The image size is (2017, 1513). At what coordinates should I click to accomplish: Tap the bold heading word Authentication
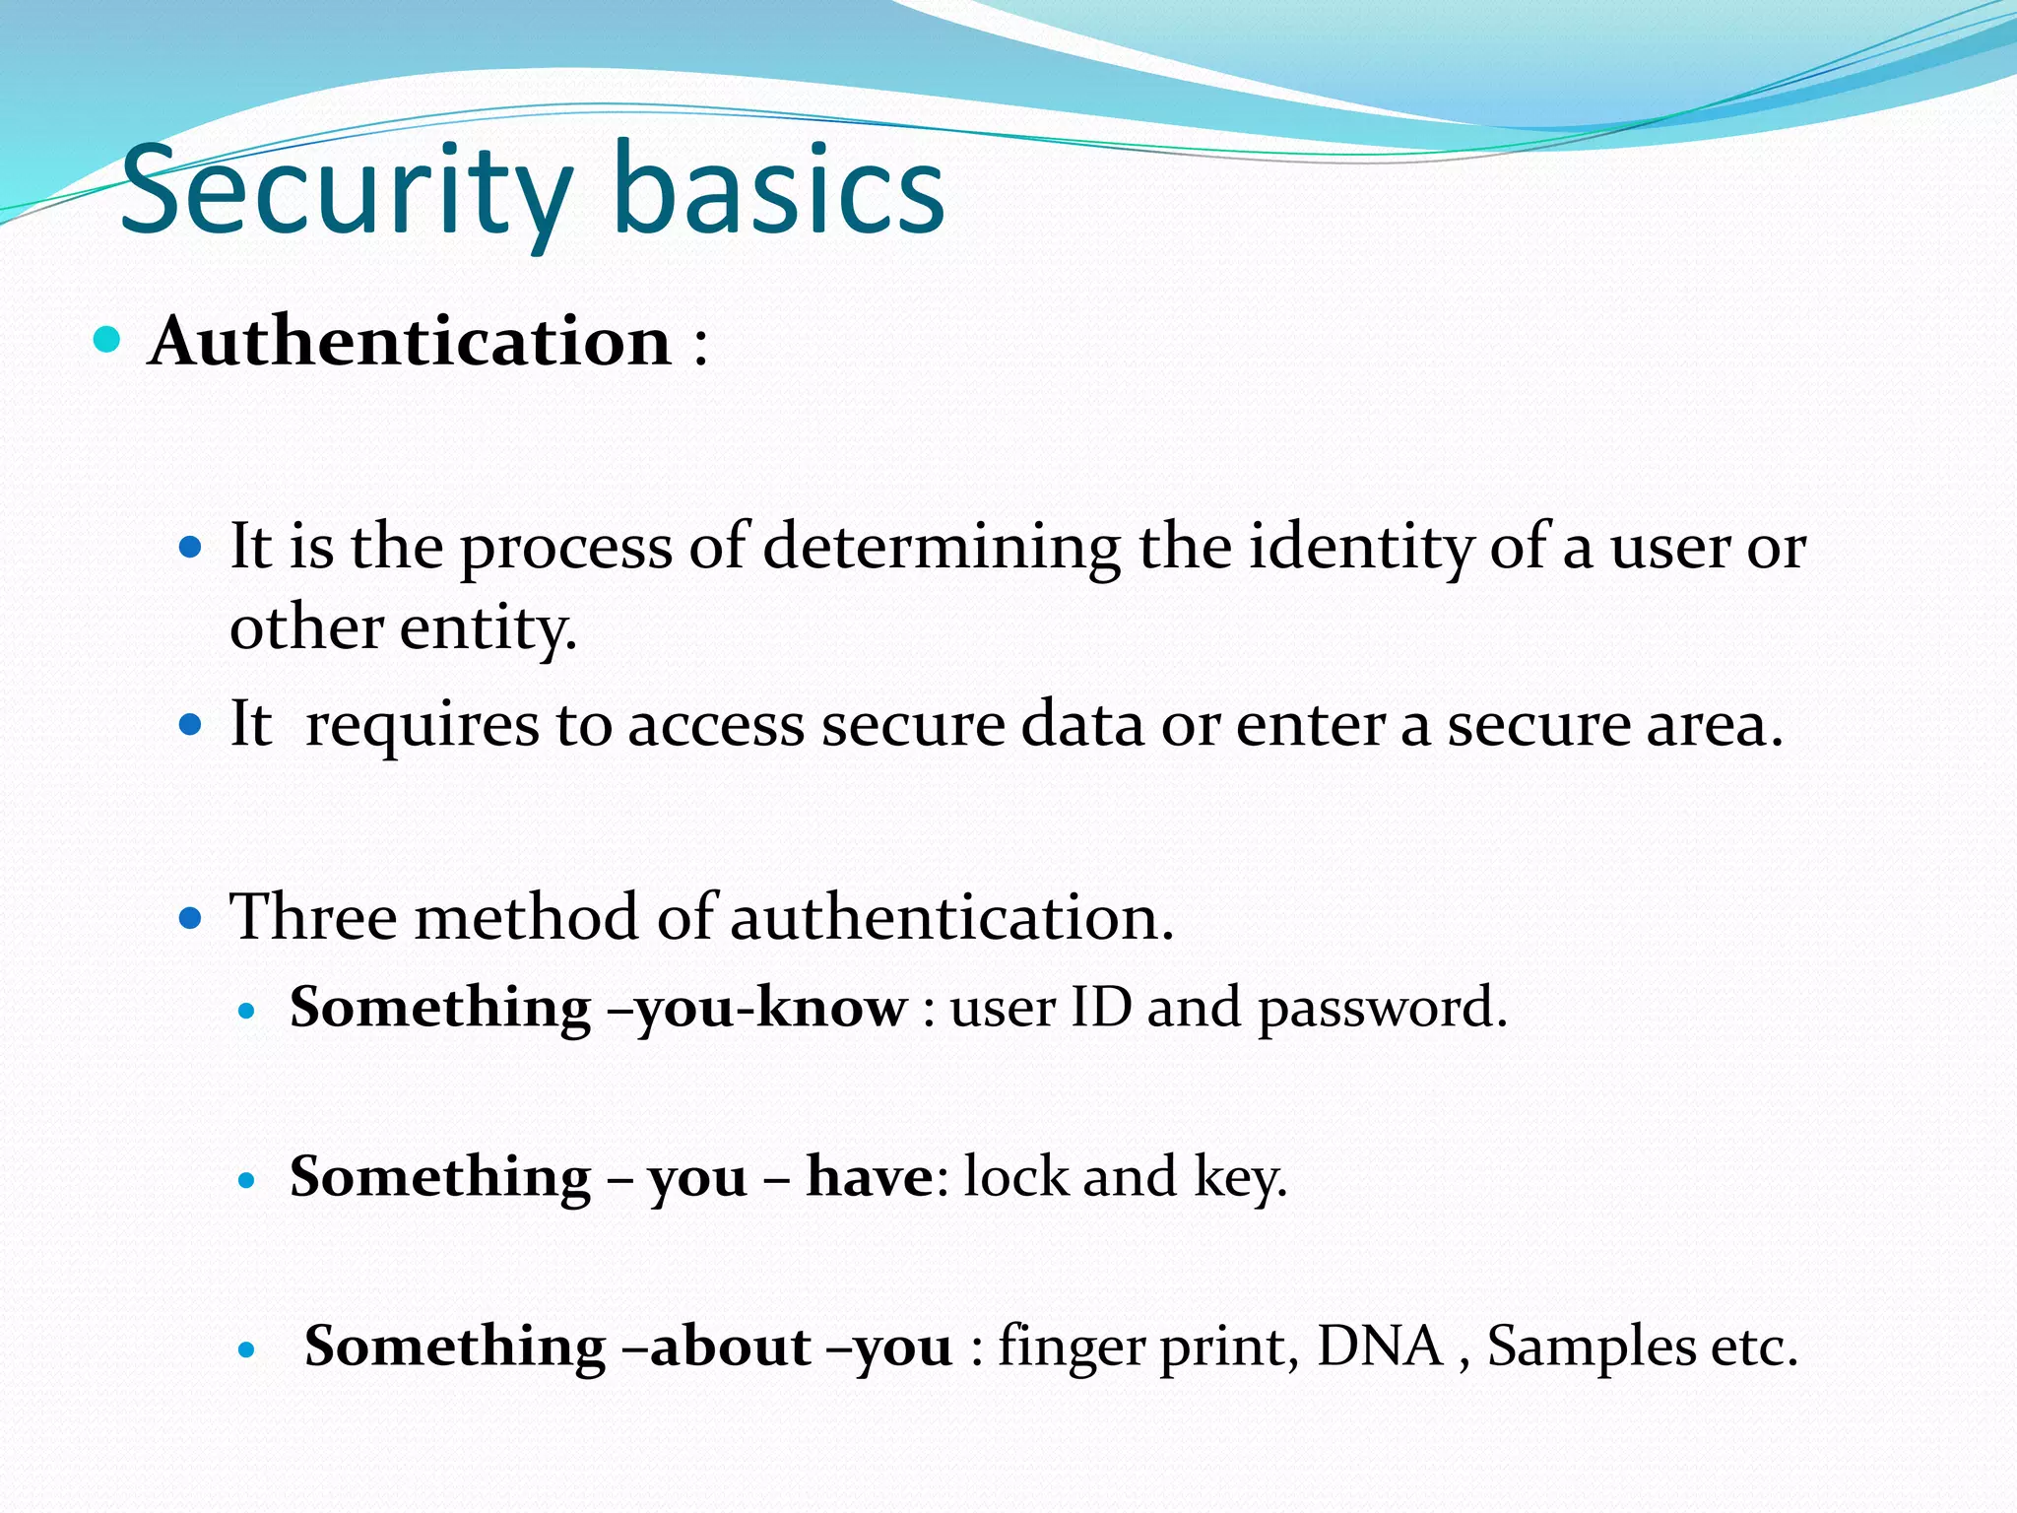click(x=410, y=342)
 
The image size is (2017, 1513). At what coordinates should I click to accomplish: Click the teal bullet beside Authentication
click(x=106, y=341)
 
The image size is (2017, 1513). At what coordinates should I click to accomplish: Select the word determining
click(x=942, y=548)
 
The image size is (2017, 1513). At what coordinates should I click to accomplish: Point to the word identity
click(x=1360, y=548)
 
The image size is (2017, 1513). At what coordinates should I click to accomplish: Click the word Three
click(x=312, y=917)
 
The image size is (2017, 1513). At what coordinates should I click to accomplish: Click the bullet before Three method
click(x=191, y=920)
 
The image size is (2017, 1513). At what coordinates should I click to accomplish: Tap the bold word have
click(x=869, y=1177)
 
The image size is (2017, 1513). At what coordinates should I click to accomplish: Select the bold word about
click(x=730, y=1347)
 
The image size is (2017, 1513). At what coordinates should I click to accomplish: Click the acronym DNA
click(x=1380, y=1347)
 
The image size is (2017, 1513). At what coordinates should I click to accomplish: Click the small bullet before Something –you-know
click(x=247, y=1011)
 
